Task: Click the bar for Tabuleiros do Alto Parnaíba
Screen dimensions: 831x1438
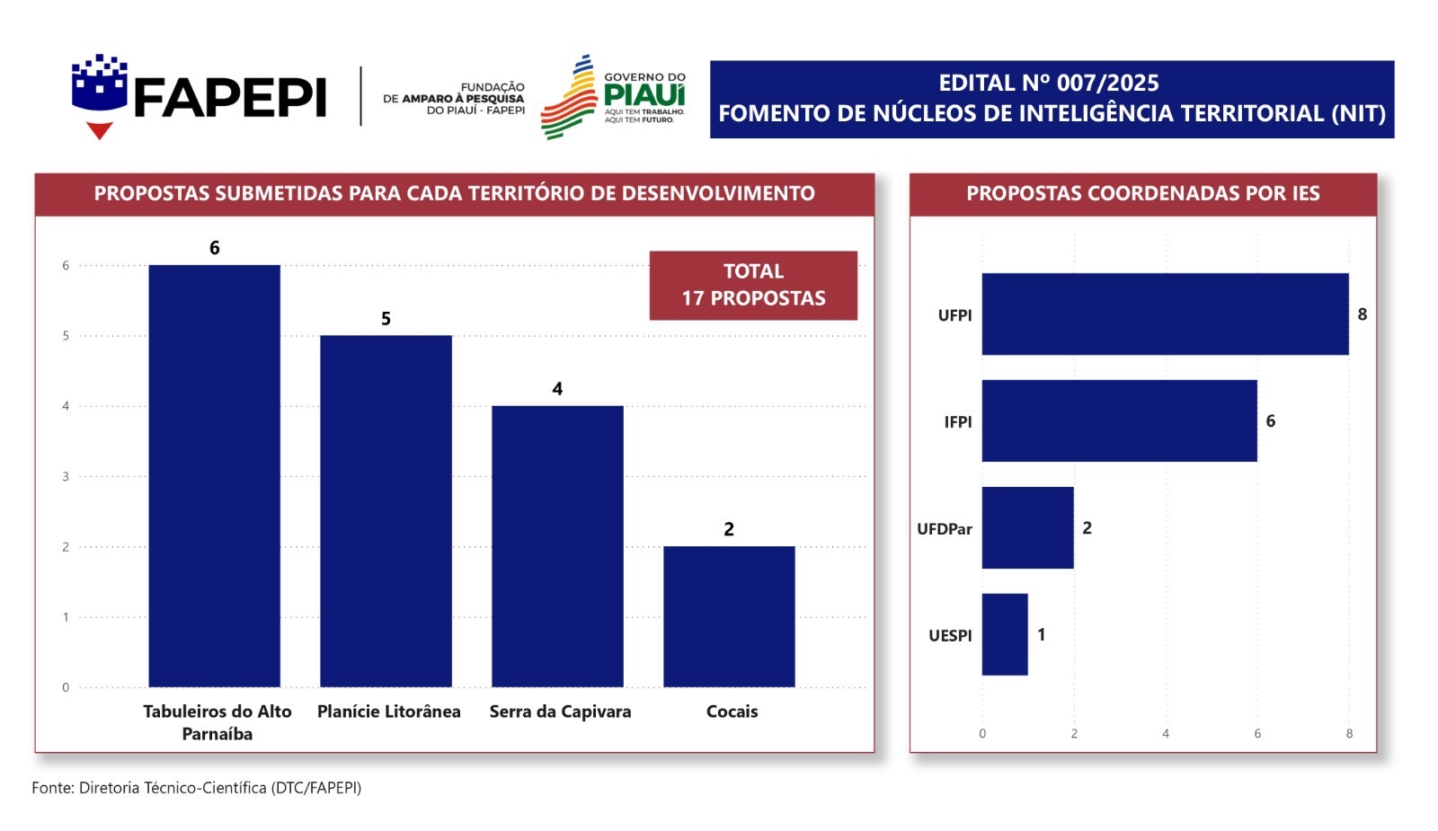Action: click(214, 476)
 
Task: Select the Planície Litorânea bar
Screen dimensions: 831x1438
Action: click(386, 511)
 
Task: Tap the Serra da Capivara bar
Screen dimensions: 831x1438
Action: click(557, 546)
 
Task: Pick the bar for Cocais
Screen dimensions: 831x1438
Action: click(729, 616)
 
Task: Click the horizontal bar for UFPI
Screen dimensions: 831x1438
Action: click(1165, 314)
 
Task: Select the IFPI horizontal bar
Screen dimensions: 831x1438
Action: click(1119, 420)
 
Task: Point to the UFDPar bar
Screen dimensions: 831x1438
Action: click(1027, 527)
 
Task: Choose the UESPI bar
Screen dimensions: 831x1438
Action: click(1004, 634)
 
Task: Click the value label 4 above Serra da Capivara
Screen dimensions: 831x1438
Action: click(557, 389)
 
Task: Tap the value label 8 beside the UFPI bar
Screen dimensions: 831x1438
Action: click(1363, 314)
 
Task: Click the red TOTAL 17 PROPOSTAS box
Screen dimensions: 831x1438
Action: click(753, 285)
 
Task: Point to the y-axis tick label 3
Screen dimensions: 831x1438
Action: click(66, 476)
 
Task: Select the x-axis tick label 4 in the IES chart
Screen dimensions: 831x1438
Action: click(1166, 734)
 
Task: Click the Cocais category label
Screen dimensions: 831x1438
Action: click(732, 712)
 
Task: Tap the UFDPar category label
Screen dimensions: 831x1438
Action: click(944, 529)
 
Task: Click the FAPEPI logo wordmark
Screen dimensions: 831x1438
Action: click(229, 97)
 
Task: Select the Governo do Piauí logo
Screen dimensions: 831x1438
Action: click(614, 97)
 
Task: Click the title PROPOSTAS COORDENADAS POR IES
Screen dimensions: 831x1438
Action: click(1142, 193)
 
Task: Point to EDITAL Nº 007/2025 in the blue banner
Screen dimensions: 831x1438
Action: click(1049, 84)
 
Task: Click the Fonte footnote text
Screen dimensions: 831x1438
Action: click(196, 788)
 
